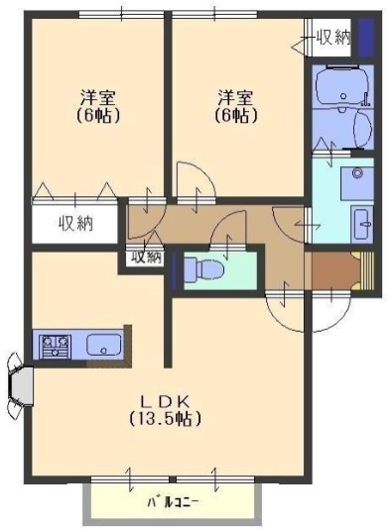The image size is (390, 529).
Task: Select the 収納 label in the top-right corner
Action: click(333, 38)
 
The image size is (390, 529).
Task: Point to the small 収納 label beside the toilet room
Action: click(146, 258)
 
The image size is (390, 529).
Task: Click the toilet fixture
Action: click(204, 268)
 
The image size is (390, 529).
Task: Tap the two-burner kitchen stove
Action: click(56, 346)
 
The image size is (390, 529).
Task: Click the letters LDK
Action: click(165, 400)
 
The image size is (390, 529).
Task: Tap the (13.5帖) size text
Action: click(165, 418)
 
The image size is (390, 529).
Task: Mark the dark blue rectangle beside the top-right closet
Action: click(366, 38)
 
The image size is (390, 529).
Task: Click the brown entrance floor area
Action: click(330, 267)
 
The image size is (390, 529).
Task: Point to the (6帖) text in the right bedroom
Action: click(236, 115)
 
